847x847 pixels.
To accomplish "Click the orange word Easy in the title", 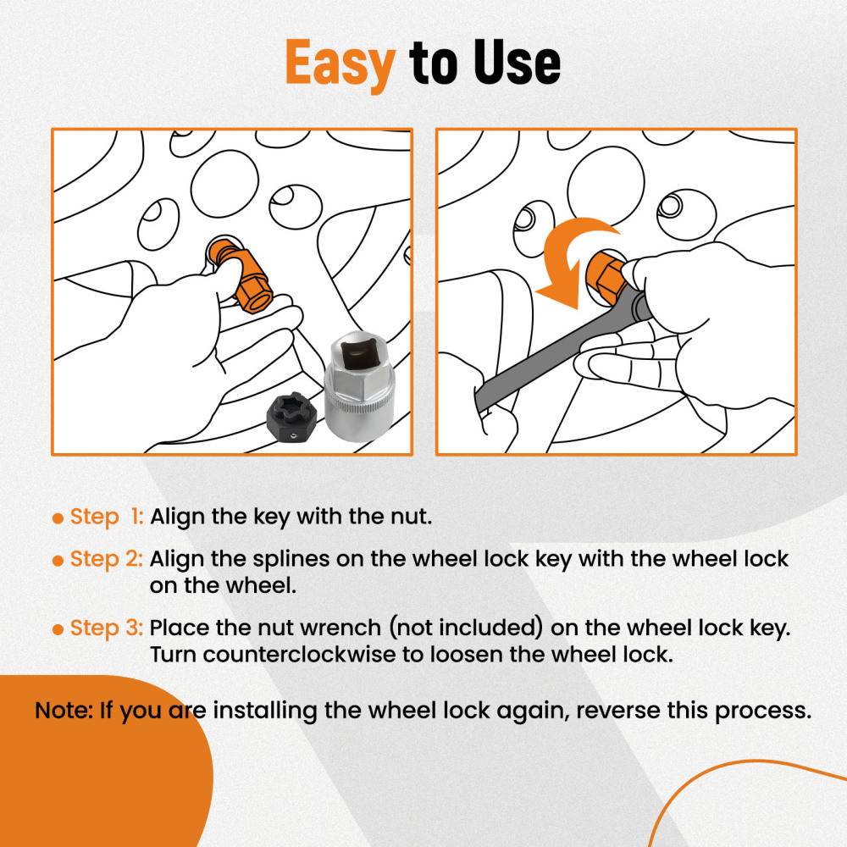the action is (340, 64).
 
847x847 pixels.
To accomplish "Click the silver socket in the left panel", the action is (359, 386).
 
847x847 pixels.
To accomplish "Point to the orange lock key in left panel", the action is (241, 275).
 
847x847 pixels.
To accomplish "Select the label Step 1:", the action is (107, 517).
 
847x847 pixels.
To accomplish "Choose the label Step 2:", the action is (107, 559).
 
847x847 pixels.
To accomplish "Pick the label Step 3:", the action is (107, 628).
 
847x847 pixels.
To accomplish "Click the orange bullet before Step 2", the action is (58, 561).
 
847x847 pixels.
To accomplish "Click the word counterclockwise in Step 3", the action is (299, 655).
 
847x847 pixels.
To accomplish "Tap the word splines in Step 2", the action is (291, 560).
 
